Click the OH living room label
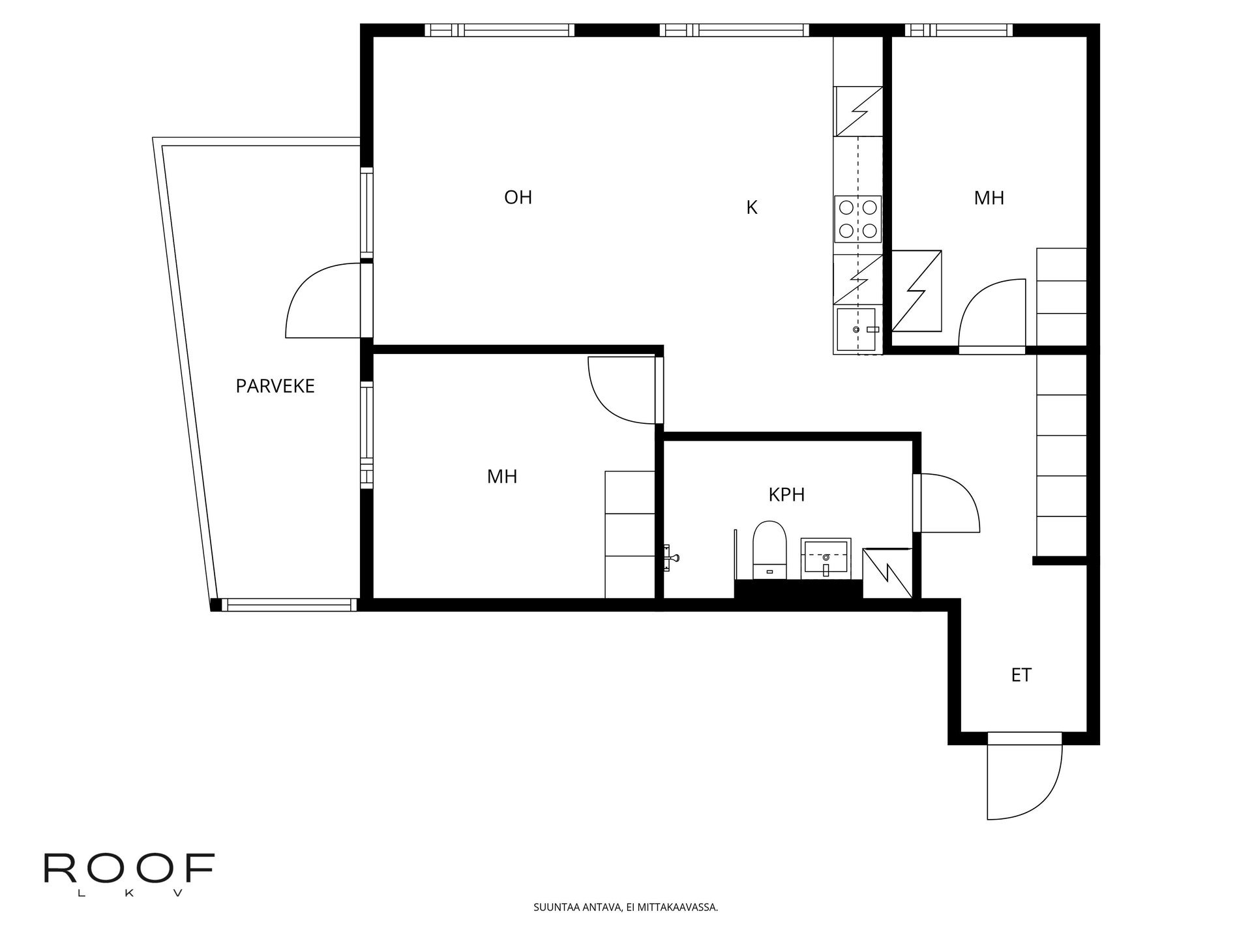518,197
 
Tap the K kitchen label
752,207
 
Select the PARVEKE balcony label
275,386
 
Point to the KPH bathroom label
786,495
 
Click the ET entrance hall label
1021,675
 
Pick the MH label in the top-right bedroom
989,198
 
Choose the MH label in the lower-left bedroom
502,477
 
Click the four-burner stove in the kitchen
857,218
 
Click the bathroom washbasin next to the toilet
826,558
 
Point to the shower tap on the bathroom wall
672,558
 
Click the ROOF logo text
129,869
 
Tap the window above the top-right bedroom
959,30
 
